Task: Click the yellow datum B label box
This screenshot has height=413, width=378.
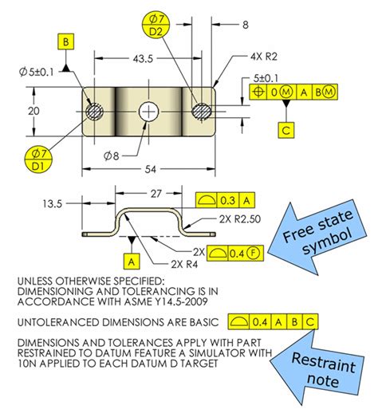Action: (65, 41)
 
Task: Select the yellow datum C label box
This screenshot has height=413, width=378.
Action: (286, 130)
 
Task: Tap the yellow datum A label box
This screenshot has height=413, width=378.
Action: (132, 262)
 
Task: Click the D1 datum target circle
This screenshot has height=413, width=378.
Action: (38, 160)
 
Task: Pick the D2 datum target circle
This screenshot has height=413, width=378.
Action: (156, 25)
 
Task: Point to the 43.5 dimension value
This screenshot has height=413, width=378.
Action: (143, 59)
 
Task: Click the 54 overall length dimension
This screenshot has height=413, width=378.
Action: (151, 169)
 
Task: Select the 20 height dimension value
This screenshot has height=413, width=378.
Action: (33, 111)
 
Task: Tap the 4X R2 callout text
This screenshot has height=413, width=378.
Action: (264, 57)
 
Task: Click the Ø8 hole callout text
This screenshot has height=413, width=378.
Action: (111, 156)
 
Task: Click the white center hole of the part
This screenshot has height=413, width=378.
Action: (148, 112)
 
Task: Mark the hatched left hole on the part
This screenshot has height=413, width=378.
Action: (95, 112)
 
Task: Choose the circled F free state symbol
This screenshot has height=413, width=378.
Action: (254, 253)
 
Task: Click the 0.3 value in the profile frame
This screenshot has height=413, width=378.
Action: (228, 200)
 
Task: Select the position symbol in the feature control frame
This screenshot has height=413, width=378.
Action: (258, 92)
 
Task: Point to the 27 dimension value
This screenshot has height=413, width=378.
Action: (156, 194)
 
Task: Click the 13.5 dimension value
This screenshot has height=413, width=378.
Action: (53, 204)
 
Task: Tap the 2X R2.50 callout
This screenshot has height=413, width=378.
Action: (240, 219)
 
